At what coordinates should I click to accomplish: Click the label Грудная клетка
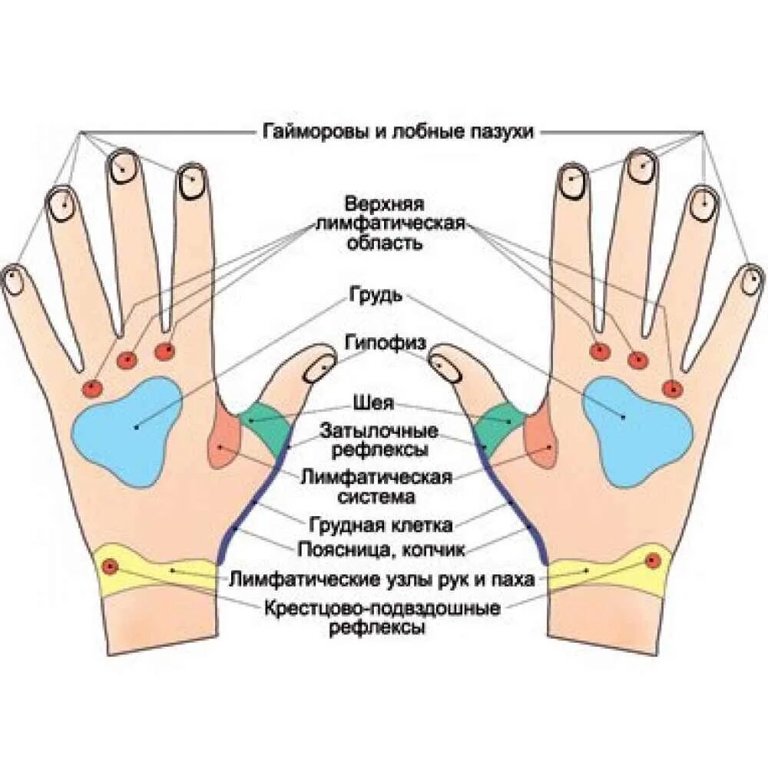381,525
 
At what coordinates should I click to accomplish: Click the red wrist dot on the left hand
111,568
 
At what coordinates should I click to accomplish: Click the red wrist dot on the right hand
653,560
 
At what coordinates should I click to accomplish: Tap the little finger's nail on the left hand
14,280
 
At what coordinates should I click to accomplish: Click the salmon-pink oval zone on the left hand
223,443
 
